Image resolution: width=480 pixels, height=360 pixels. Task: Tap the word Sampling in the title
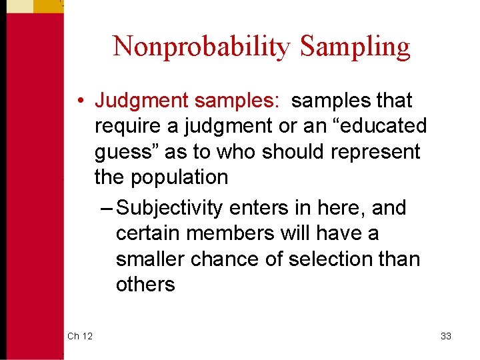[x=355, y=47]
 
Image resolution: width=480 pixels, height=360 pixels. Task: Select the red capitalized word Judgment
[x=141, y=101]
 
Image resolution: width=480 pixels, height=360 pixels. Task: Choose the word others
[x=145, y=284]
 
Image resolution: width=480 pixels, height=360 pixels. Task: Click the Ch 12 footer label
[x=79, y=336]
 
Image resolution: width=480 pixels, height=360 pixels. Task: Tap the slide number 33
[x=446, y=336]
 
